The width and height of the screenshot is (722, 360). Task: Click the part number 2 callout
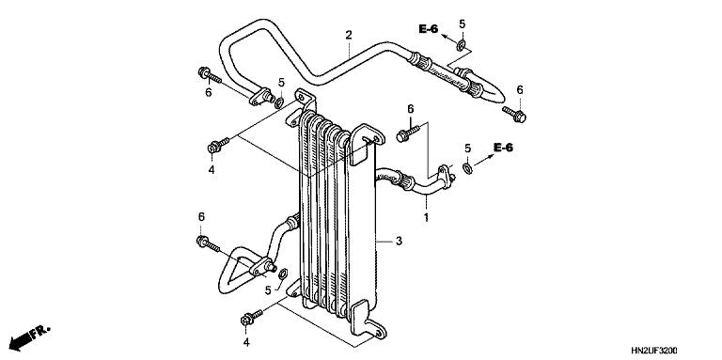349,36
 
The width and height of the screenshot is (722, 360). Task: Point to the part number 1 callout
425,218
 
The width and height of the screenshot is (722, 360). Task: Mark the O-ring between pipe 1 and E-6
467,169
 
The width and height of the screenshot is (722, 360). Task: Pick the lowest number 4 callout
247,343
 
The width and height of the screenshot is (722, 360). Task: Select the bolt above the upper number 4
215,146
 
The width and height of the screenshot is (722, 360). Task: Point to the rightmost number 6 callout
519,90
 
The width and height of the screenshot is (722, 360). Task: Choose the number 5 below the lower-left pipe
268,291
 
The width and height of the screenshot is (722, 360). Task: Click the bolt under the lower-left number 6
207,243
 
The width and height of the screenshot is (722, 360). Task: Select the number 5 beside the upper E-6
462,23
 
